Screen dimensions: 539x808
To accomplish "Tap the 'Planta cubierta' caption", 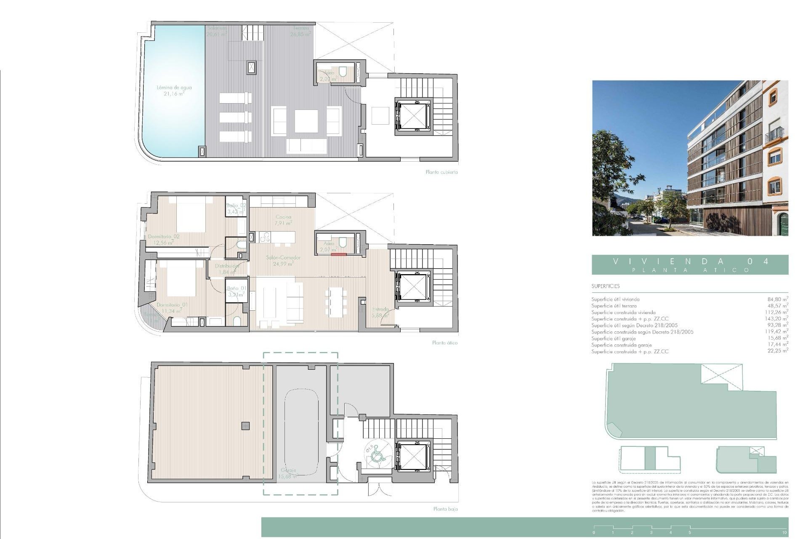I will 441,172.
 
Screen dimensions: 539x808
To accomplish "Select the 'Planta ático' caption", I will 444,343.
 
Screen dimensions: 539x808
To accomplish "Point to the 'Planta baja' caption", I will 445,509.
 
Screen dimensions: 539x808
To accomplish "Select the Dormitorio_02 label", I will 164,239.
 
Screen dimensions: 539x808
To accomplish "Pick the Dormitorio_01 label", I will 172,307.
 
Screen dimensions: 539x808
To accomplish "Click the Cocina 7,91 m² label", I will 283,220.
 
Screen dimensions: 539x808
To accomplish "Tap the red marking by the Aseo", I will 338,254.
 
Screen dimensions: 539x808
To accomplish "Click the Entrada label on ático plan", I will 380,312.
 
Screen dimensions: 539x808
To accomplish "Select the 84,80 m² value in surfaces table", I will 777,299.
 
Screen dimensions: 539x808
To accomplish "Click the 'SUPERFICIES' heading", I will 605,286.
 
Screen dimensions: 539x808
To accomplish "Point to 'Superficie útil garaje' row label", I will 613,339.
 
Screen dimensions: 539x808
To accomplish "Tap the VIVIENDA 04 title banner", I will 690,264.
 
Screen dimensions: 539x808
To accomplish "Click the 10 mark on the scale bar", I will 784,532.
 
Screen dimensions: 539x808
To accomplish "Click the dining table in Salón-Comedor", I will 336,302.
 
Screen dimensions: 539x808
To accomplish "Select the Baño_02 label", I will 237,208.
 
